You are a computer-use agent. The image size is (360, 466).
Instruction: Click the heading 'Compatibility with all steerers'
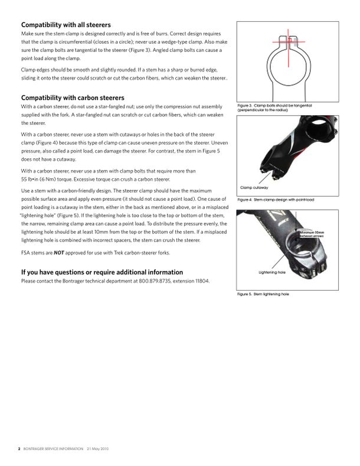66,25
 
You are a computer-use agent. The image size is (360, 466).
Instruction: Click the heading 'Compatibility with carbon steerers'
73,97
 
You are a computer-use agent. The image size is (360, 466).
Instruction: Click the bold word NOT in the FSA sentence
58,253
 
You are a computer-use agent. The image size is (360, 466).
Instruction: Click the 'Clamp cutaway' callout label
254,187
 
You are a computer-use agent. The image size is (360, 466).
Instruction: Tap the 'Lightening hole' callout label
272,272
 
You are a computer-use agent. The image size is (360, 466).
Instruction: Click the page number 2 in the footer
19,449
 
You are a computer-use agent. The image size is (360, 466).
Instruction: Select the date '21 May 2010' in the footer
97,449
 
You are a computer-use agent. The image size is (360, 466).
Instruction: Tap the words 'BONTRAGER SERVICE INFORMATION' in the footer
53,449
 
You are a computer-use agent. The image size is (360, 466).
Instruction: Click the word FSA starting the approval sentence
26,253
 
